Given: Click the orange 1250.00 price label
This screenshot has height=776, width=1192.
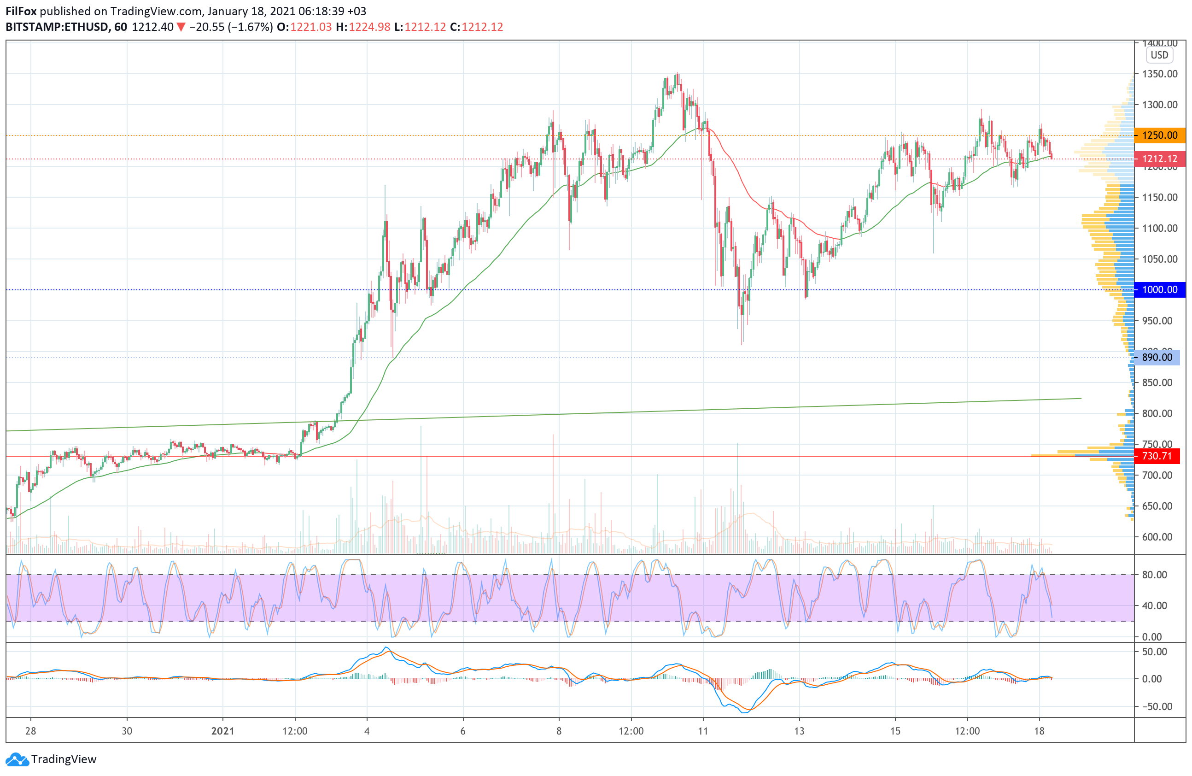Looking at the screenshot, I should tap(1159, 135).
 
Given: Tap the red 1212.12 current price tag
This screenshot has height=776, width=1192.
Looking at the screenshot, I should tap(1159, 159).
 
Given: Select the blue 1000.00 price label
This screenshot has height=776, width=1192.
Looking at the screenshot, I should tap(1159, 289).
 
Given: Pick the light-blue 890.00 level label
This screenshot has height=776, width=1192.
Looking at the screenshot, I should tap(1157, 357).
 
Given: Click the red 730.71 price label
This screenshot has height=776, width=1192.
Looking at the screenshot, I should tap(1157, 456).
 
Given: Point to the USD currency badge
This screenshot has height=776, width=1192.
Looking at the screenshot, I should tap(1159, 55).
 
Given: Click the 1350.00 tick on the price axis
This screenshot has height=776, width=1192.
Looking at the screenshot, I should tap(1159, 74).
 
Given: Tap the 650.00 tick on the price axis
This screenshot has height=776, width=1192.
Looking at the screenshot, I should tap(1157, 506).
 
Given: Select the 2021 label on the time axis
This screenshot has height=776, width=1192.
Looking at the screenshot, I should tap(223, 731).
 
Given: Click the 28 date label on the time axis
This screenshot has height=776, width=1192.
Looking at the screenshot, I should tap(30, 731).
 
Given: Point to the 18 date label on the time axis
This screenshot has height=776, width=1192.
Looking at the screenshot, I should tap(1039, 731).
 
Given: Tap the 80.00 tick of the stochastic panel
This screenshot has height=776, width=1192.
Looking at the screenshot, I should tap(1154, 575).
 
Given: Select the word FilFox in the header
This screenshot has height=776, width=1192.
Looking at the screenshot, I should tap(21, 11).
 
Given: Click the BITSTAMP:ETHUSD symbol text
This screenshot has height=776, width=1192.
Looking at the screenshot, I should tap(57, 27).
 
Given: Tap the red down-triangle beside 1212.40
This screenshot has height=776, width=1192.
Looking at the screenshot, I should tap(181, 27).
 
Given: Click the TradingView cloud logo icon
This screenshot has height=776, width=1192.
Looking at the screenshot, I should tap(17, 759).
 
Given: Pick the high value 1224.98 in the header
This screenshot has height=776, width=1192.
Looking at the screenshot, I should tap(369, 27).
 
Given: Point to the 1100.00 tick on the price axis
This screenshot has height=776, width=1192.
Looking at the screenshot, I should tap(1159, 229).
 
